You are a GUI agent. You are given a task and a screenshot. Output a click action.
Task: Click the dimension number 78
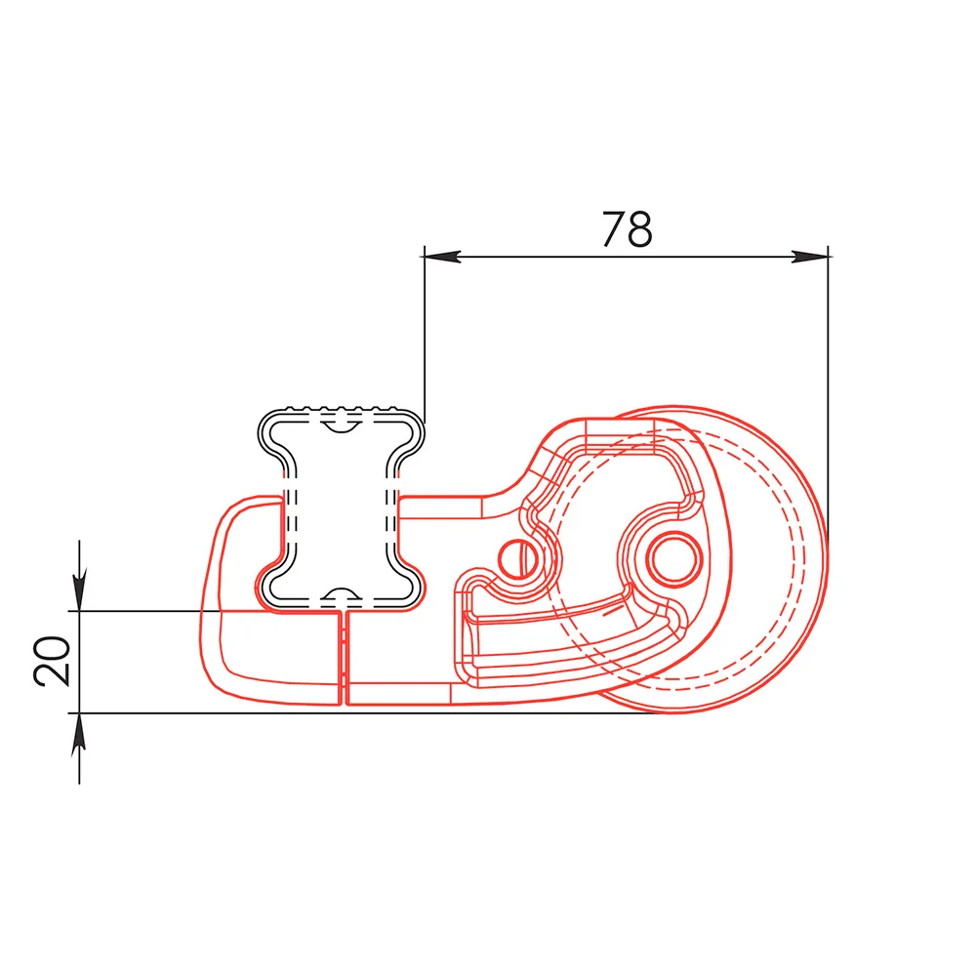tap(627, 229)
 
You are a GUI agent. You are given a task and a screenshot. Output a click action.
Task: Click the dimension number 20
tap(53, 661)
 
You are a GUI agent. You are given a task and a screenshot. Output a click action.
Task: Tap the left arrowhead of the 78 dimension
tap(442, 256)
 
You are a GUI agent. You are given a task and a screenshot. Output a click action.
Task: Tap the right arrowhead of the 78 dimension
tap(810, 256)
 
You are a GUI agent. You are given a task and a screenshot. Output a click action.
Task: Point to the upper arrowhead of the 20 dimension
tap(79, 589)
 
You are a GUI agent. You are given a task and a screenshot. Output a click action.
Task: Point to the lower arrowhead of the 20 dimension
tap(79, 735)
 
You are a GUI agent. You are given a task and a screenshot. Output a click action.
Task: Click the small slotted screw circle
tap(519, 558)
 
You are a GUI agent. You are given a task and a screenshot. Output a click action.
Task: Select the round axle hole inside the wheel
tap(674, 557)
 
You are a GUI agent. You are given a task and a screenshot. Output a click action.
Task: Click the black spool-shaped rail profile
tap(341, 508)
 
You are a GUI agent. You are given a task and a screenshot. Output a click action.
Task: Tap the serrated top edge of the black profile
tap(341, 409)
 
